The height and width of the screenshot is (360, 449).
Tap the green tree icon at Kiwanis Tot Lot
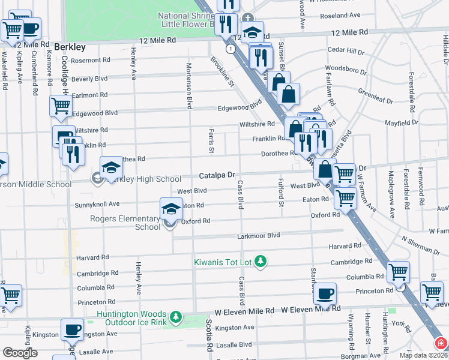click(261, 262)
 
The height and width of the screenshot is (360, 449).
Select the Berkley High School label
click(143, 179)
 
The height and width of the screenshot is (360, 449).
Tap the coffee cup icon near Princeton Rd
click(325, 294)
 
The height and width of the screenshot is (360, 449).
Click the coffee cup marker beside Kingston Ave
click(72, 330)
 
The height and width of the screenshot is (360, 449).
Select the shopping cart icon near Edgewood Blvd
click(61, 106)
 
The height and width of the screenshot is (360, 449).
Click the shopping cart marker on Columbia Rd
click(398, 272)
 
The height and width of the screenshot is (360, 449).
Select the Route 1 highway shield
click(230, 47)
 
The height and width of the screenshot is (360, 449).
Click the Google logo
click(20, 353)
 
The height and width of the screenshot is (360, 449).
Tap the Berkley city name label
click(70, 46)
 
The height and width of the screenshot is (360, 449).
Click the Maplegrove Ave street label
click(391, 194)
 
